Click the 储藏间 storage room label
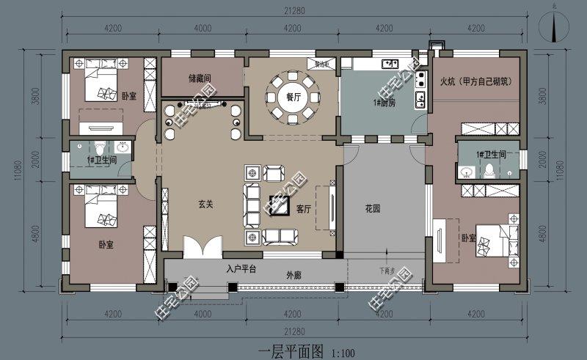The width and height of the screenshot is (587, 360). [x=200, y=77]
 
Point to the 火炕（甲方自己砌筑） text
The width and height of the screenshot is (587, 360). [x=475, y=81]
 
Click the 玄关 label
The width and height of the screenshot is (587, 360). [x=205, y=205]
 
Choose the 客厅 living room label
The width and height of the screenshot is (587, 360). [x=304, y=209]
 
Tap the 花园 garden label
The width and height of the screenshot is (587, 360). [x=373, y=208]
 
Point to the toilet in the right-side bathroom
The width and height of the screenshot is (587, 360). [x=489, y=170]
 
